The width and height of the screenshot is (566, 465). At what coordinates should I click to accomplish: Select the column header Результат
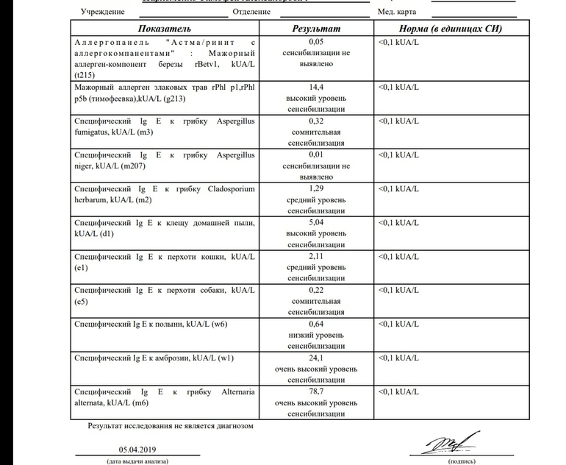316,28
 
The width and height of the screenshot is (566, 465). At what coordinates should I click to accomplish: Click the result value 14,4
317,87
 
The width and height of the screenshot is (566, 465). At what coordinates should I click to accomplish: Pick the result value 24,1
317,358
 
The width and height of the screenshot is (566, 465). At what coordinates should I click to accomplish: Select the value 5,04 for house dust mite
317,222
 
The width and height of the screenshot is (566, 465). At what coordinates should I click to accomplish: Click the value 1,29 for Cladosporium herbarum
317,188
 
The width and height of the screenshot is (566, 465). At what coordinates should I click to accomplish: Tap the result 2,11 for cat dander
317,256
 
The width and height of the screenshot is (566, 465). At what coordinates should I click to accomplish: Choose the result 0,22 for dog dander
317,291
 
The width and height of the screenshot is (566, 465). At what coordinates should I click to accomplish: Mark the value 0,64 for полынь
317,324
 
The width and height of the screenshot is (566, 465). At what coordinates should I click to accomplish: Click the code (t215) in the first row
85,74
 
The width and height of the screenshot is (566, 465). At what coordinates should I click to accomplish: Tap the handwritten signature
445,444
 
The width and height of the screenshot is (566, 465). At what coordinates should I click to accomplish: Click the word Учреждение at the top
102,13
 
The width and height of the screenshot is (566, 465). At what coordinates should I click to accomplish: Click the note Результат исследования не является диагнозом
171,425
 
